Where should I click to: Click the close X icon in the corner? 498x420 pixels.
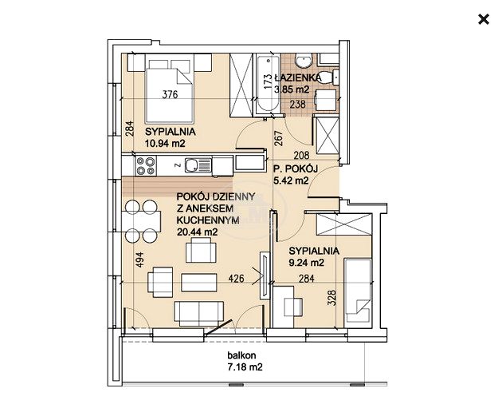[484, 20]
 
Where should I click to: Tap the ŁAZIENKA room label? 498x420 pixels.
[297, 77]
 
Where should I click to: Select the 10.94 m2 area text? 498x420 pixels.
[165, 143]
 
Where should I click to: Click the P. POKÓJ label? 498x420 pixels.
[296, 168]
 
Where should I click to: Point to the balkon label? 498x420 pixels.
[241, 355]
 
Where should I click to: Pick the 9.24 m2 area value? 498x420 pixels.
[307, 263]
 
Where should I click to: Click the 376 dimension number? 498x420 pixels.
[170, 94]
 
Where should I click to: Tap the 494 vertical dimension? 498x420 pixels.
[139, 260]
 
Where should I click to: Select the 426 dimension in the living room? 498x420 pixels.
[237, 279]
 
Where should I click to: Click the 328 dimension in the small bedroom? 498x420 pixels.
[331, 298]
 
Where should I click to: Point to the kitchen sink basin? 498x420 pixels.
[191, 164]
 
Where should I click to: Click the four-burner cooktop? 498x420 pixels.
[146, 166]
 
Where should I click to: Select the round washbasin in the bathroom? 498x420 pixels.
[304, 61]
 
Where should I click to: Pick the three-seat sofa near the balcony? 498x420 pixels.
[199, 314]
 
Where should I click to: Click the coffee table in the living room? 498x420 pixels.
[199, 283]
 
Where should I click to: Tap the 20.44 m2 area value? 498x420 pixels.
[198, 232]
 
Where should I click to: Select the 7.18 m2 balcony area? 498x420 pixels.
[245, 367]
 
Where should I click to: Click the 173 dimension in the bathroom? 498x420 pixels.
[268, 81]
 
